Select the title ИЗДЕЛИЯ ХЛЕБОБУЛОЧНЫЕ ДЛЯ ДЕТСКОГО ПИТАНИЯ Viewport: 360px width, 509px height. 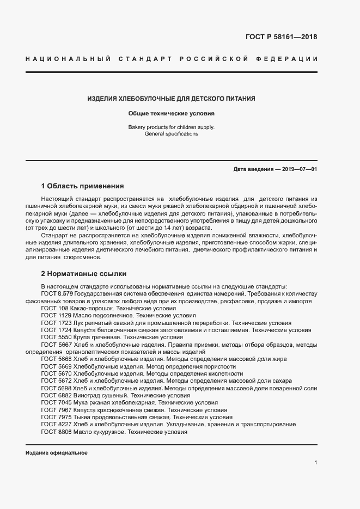click(x=172, y=99)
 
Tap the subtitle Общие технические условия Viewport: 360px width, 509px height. click(x=172, y=114)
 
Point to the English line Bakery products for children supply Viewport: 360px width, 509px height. click(x=172, y=127)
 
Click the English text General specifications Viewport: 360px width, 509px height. click(x=172, y=134)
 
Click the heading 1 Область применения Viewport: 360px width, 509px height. click(x=82, y=186)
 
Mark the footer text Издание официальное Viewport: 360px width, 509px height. click(x=57, y=453)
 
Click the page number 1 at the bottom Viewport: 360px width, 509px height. click(x=315, y=462)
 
